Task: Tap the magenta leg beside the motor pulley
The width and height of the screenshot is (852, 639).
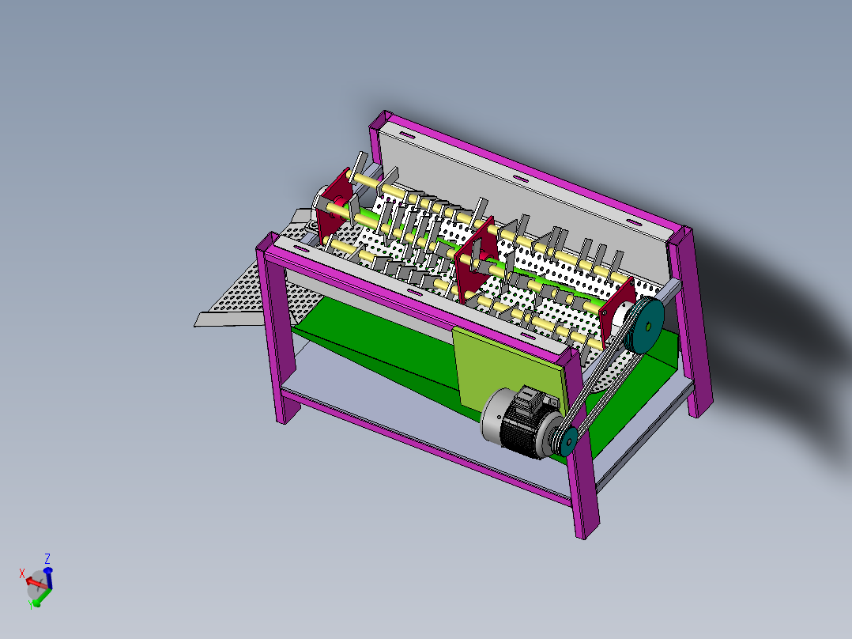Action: click(583, 486)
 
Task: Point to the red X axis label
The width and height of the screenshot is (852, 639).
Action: click(22, 572)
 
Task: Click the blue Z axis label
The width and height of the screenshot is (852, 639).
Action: click(47, 558)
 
